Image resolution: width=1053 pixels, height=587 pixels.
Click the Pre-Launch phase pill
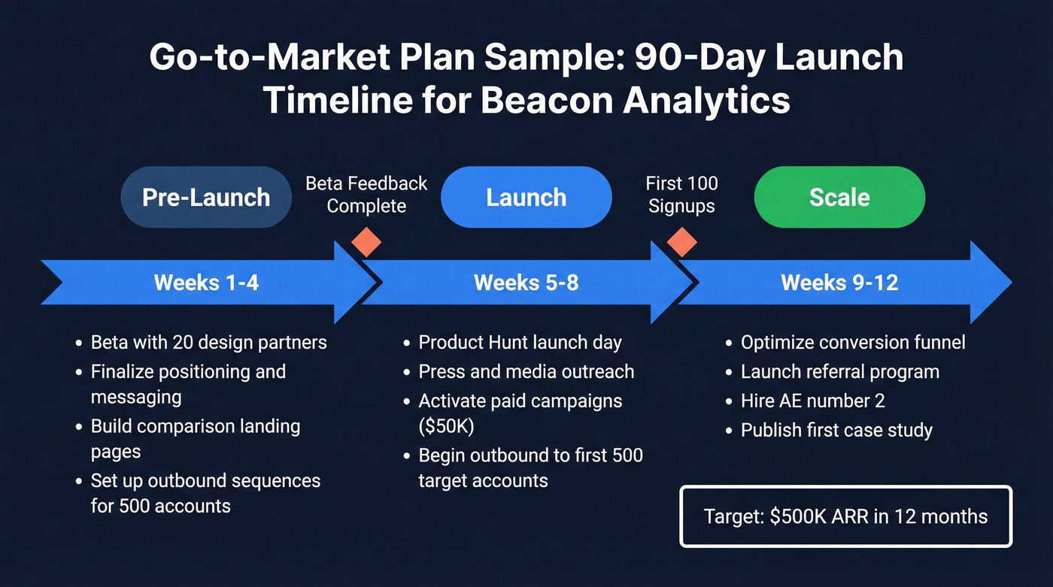pyautogui.click(x=206, y=197)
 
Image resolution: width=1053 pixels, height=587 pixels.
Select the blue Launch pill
pyautogui.click(x=526, y=197)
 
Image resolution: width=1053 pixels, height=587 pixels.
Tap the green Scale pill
pyautogui.click(x=839, y=197)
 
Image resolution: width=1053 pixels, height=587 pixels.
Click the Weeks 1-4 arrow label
pyautogui.click(x=206, y=283)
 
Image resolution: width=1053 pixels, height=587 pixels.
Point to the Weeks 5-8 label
pyautogui.click(x=526, y=283)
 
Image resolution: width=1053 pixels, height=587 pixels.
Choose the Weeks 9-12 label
pyautogui.click(x=839, y=283)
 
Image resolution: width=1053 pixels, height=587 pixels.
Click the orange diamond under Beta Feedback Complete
pyautogui.click(x=366, y=242)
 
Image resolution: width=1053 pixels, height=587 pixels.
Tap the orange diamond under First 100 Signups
pyautogui.click(x=682, y=242)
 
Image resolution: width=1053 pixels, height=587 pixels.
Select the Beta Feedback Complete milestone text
pyautogui.click(x=366, y=195)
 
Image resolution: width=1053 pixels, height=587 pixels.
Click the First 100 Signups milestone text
pyautogui.click(x=682, y=195)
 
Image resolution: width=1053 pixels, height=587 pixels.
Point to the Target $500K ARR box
pyautogui.click(x=845, y=516)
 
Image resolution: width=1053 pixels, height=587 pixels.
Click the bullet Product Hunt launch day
pyautogui.click(x=520, y=343)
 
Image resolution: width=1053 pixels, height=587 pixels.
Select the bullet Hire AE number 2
pyautogui.click(x=812, y=401)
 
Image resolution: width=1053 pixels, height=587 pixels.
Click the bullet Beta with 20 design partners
pyautogui.click(x=208, y=343)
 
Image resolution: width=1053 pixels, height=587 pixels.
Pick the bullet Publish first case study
pyautogui.click(x=836, y=430)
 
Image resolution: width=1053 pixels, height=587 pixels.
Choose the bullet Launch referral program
pyautogui.click(x=839, y=372)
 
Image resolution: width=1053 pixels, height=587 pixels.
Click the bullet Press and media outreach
pyautogui.click(x=526, y=372)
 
